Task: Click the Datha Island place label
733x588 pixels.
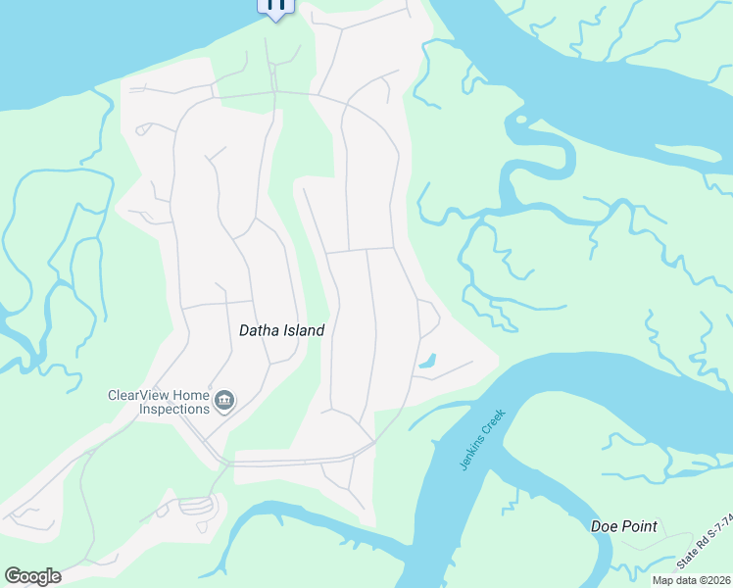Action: pyautogui.click(x=281, y=331)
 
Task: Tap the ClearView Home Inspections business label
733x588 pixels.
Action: pyautogui.click(x=159, y=402)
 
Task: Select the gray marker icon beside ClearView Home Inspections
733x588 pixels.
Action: pyautogui.click(x=224, y=401)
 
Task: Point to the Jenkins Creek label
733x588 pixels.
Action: pyautogui.click(x=482, y=439)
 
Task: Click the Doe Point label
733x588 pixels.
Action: pyautogui.click(x=623, y=526)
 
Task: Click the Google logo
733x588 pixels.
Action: pyautogui.click(x=32, y=576)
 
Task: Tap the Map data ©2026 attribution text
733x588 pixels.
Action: pyautogui.click(x=691, y=580)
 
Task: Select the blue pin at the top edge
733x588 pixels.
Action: pyautogui.click(x=275, y=6)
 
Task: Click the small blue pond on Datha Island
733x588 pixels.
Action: pyautogui.click(x=428, y=361)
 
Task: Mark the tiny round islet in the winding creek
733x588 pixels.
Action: pyautogui.click(x=520, y=120)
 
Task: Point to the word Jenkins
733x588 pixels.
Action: pyautogui.click(x=473, y=453)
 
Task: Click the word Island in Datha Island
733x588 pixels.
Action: pyautogui.click(x=303, y=331)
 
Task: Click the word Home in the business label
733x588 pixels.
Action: pyautogui.click(x=191, y=396)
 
